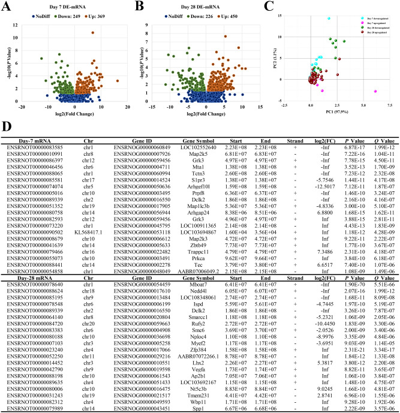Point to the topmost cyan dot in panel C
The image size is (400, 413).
(x=329, y=19)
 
